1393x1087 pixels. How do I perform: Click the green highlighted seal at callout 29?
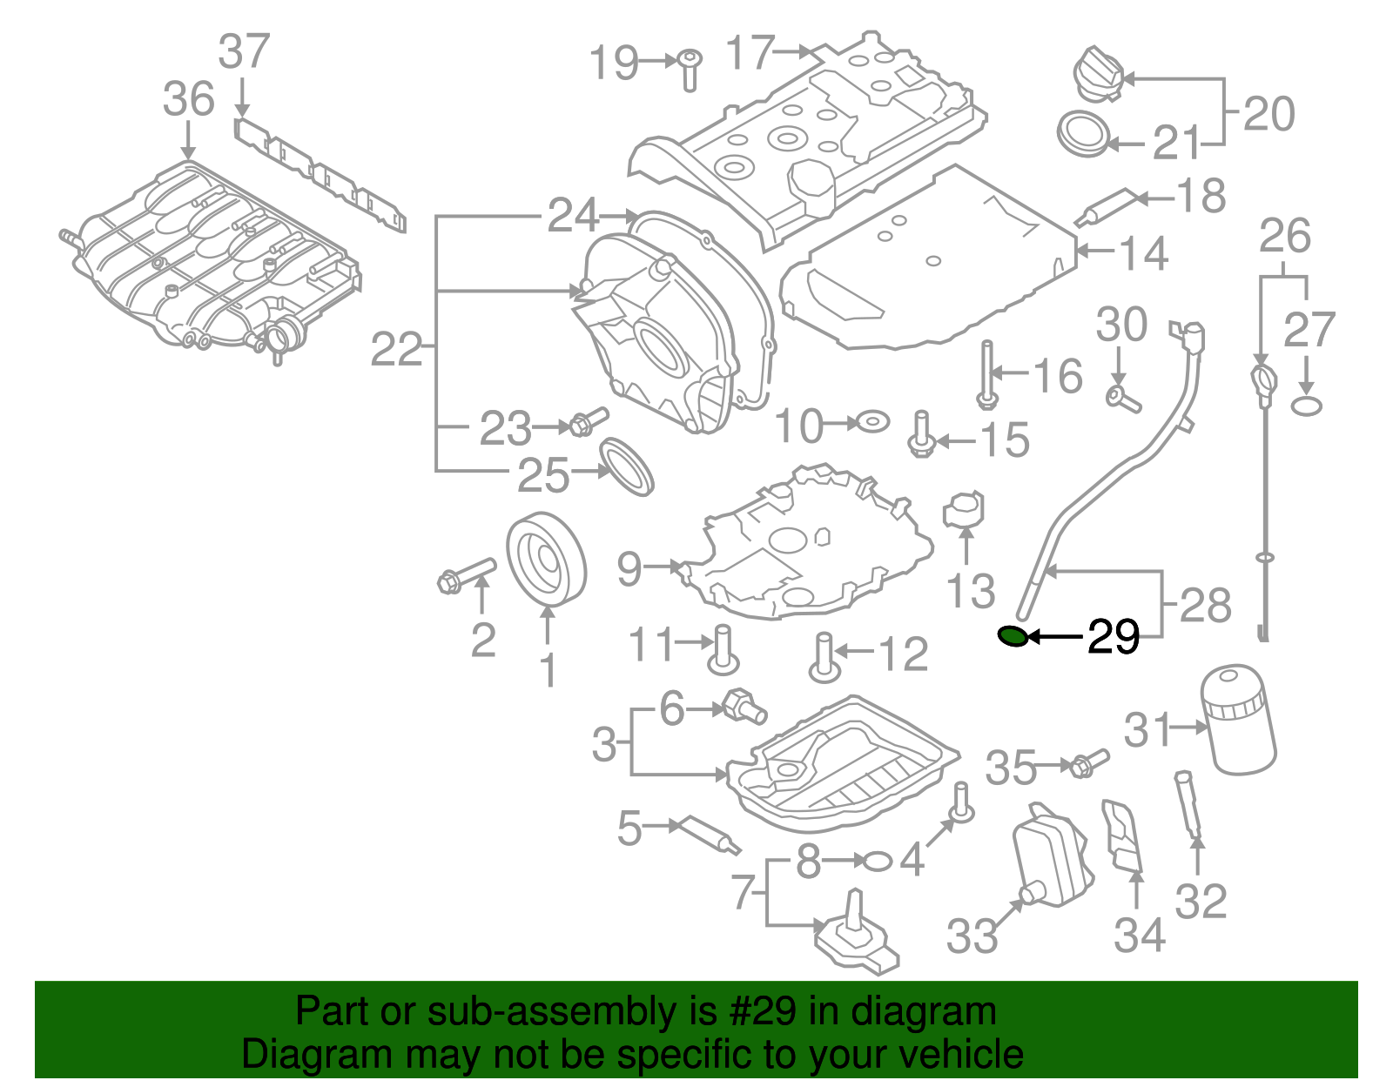1012,637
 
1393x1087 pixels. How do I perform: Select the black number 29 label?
1114,638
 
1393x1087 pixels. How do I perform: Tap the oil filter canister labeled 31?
1238,720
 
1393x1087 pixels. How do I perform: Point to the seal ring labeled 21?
1083,135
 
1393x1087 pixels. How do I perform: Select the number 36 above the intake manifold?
188,99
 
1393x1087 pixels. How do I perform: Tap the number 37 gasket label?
244,52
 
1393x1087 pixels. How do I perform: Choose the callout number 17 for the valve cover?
750,53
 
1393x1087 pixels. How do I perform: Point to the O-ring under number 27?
1306,406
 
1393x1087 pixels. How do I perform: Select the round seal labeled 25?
626,467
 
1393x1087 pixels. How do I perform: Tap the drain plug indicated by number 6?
744,707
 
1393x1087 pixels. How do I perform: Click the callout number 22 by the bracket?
396,351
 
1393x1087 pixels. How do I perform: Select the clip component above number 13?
964,510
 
